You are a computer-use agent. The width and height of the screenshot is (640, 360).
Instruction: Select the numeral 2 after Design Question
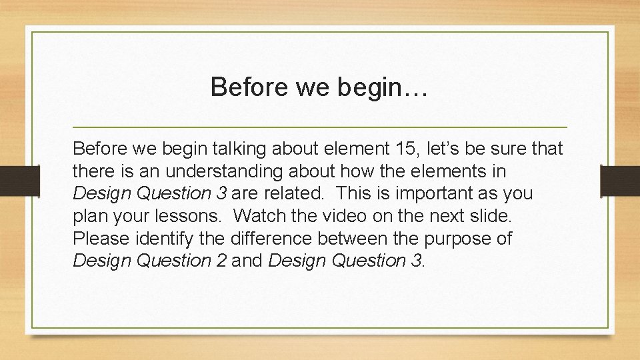click(x=221, y=261)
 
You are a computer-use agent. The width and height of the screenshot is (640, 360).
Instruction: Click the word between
click(x=363, y=239)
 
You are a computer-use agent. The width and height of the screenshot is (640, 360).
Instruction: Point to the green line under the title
click(x=320, y=127)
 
